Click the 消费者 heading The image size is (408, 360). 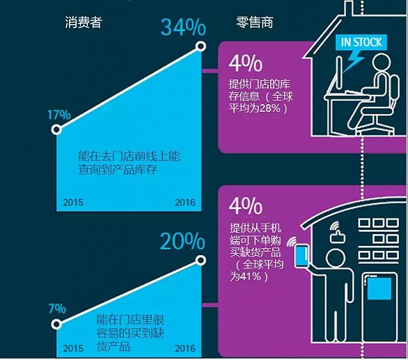[84, 22]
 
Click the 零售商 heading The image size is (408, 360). [255, 22]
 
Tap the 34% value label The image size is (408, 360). [183, 27]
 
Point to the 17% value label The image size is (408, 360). [59, 115]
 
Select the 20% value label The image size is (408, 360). [182, 241]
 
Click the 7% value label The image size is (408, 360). [57, 309]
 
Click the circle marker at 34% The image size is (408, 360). [201, 46]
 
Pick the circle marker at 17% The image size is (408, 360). [56, 129]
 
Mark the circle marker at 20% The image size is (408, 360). [201, 260]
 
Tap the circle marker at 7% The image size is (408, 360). [56, 324]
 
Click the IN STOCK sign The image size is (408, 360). [361, 42]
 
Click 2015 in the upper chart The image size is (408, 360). [73, 202]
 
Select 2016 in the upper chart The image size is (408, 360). [185, 202]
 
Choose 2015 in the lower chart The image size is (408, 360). [73, 349]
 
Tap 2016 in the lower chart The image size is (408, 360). [185, 349]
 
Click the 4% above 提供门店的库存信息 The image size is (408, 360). [246, 63]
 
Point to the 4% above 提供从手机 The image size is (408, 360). [246, 206]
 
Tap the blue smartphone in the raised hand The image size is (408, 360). [302, 256]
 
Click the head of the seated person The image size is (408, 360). [381, 63]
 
